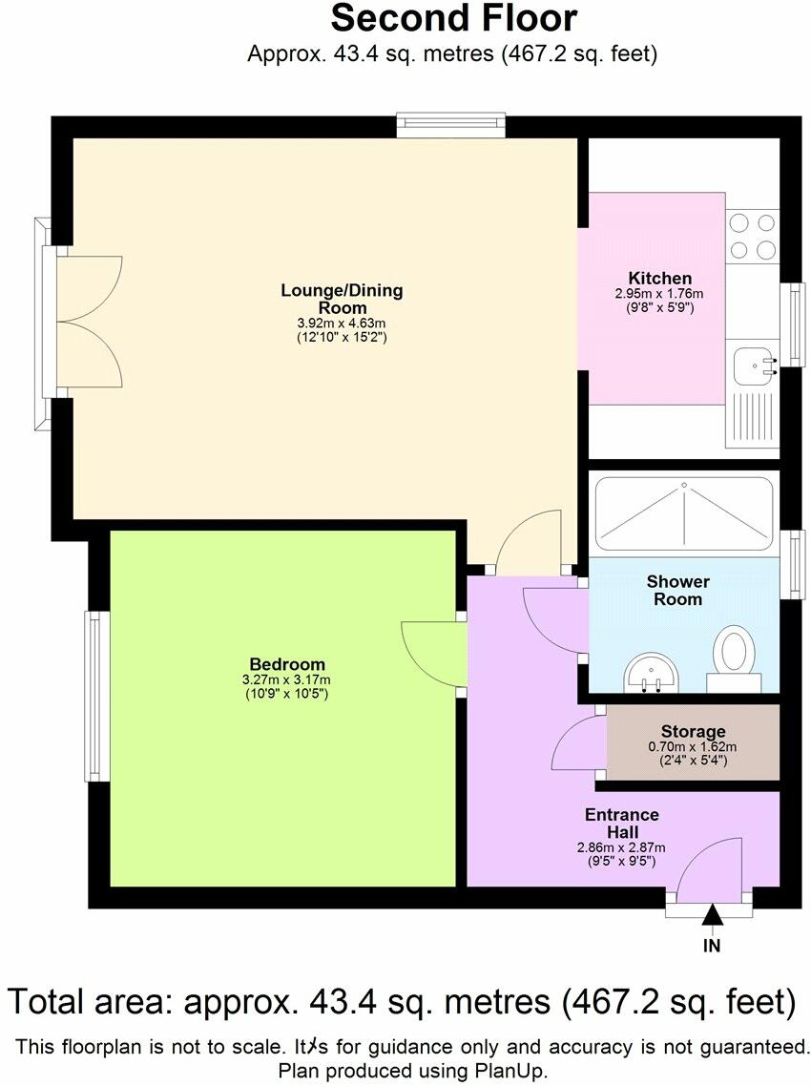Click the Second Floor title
pos(453,18)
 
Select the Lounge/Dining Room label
pos(342,299)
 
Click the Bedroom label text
pos(287,664)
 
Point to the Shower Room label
pos(677,590)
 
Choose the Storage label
pos(694,732)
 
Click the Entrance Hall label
pos(622,823)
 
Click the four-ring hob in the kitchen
pos(752,236)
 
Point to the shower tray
pos(685,516)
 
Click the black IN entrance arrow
pos(712,916)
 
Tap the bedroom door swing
pos(431,653)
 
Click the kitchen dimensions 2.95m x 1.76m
pos(659,295)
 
